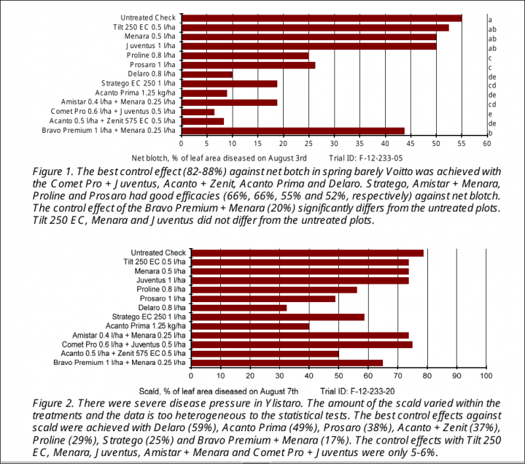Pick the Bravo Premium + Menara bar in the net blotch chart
[x=292, y=131]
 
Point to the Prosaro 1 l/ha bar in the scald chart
[x=262, y=298]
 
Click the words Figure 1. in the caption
[x=56, y=170]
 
